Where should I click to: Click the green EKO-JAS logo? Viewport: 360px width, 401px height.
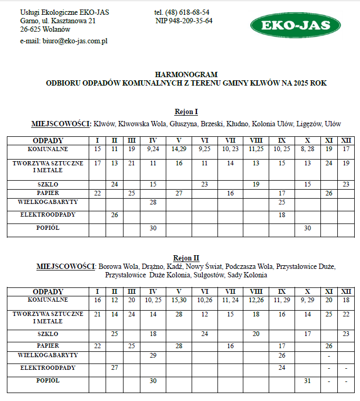295,25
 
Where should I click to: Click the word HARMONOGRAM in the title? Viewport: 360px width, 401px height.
186,75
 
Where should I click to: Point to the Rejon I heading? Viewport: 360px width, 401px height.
186,112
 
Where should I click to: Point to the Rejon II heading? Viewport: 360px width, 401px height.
186,258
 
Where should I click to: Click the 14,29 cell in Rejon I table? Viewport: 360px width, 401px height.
179,150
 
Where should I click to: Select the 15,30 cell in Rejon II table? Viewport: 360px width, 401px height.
179,300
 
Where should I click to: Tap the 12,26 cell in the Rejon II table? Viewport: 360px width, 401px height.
256,300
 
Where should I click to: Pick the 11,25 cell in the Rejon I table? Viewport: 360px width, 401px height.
256,150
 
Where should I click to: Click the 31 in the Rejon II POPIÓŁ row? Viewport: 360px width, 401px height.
307,380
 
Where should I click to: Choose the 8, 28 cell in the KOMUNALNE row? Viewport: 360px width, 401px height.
307,150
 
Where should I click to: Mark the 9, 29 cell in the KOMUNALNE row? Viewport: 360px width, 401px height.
307,300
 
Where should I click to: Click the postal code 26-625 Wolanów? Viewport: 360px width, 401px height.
45,30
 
